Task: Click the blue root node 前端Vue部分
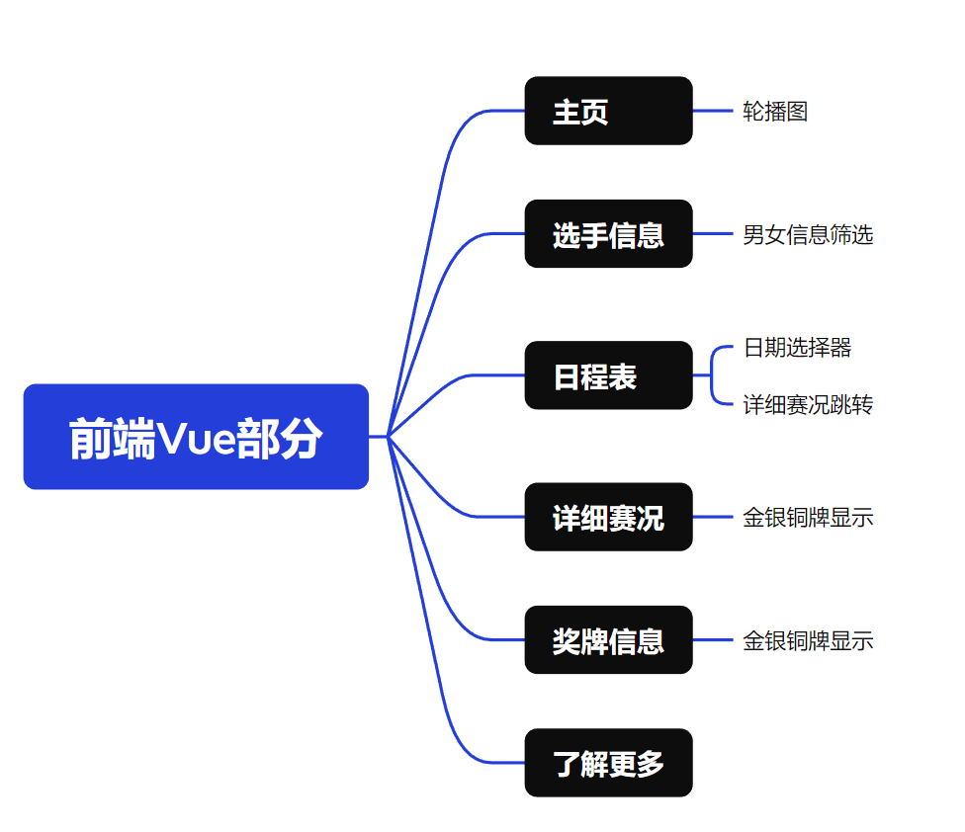pos(196,437)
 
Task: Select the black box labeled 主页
pos(609,111)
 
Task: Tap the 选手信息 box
pos(609,233)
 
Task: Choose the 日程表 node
pos(609,375)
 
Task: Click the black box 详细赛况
pos(609,517)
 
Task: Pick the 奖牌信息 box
pos(609,639)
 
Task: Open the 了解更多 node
pos(609,763)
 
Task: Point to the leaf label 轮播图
pos(775,112)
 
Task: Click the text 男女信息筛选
pos(808,235)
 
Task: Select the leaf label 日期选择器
pos(797,348)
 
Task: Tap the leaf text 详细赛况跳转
pos(808,404)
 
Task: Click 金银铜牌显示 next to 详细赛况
pos(808,518)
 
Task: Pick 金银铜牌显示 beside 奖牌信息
pos(808,640)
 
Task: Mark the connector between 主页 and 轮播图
pos(713,111)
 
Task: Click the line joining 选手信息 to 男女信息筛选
pos(713,233)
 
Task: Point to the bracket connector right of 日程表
pos(712,375)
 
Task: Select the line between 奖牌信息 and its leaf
pos(713,639)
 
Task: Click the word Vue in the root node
pos(197,439)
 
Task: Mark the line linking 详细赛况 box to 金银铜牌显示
pos(713,517)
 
